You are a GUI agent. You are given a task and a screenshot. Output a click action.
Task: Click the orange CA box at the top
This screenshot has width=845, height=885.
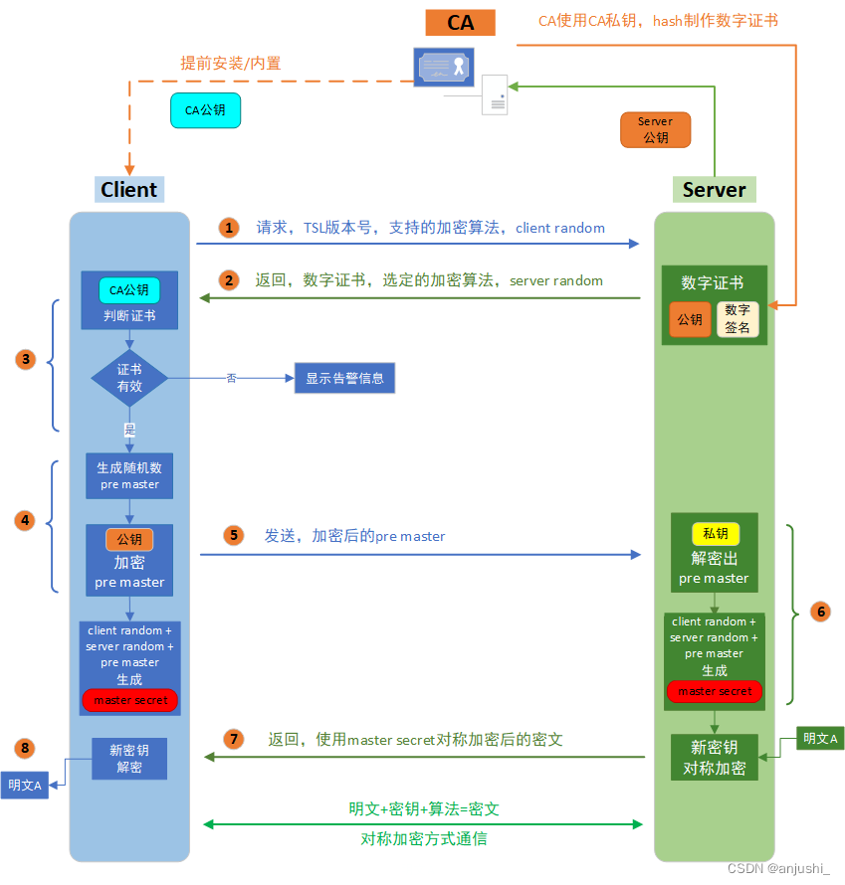[461, 22]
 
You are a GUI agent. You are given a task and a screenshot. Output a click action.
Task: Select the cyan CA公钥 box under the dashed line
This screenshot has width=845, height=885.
[205, 110]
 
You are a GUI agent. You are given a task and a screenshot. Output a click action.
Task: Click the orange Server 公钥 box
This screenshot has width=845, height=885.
[655, 129]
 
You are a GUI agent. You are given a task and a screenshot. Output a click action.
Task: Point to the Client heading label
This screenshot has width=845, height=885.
[129, 189]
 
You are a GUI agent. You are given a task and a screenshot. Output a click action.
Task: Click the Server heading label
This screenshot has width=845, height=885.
[714, 189]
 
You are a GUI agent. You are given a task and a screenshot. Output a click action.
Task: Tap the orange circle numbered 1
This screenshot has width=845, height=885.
[230, 228]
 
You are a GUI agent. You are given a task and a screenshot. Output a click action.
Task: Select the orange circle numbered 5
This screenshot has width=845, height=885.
[233, 536]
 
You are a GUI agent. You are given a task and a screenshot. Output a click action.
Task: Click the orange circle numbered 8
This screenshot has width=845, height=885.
[26, 747]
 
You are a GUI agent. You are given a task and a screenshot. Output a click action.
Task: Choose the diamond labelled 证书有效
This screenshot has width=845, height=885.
[129, 378]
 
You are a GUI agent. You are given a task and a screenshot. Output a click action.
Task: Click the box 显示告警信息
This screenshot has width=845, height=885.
[344, 378]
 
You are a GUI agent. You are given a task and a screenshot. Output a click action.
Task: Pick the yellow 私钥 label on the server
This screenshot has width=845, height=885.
[716, 534]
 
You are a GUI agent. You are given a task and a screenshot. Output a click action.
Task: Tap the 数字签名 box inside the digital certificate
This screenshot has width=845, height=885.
[738, 319]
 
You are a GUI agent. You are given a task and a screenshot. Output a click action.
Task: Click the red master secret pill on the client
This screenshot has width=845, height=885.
[129, 700]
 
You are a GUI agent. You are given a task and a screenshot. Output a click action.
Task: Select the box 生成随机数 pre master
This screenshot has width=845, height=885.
[129, 475]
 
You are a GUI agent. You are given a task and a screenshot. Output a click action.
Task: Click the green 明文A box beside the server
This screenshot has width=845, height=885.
[821, 739]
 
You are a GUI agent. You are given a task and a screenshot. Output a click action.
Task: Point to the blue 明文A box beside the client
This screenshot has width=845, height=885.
[24, 785]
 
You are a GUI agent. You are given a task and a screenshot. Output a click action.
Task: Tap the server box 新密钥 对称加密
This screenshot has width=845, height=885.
[715, 758]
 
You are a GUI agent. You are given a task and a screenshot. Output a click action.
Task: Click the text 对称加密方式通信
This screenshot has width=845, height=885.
[424, 838]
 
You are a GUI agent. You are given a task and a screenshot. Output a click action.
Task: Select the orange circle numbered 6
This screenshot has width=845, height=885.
[821, 612]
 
